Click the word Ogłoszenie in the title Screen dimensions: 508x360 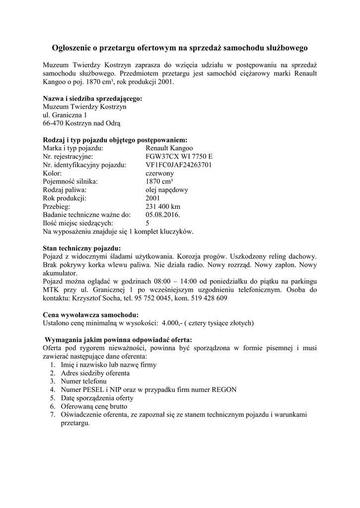72,48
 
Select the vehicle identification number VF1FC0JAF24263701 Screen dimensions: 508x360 179,165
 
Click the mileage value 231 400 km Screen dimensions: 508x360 163,206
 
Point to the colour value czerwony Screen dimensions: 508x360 159,173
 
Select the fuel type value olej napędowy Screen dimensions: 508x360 167,190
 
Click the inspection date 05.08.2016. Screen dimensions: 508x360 162,215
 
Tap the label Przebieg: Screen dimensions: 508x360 57,206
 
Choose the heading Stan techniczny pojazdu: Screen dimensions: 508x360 82,248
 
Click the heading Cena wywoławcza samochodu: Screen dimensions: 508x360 91,315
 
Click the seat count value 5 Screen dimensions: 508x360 147,223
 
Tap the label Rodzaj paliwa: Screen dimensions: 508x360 65,190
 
